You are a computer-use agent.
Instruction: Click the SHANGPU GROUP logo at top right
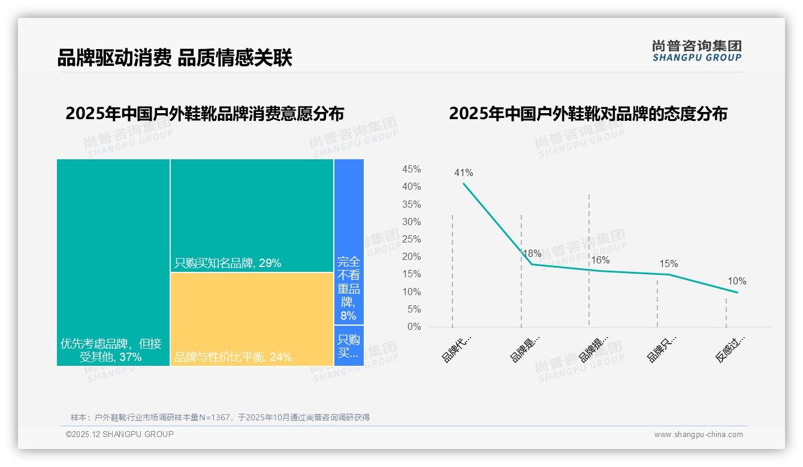tap(696, 51)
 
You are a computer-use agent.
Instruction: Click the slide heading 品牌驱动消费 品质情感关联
tap(174, 58)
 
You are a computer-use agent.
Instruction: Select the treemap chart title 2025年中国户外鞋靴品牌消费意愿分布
tap(205, 114)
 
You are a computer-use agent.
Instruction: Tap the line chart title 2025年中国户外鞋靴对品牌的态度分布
tap(588, 114)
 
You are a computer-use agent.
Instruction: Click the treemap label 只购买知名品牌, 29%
tap(228, 263)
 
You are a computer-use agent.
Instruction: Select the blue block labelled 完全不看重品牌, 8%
tap(349, 287)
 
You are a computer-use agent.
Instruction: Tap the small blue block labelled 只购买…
tap(349, 346)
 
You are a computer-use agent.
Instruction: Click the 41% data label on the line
tap(463, 173)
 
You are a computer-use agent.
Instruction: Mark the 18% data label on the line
tap(532, 253)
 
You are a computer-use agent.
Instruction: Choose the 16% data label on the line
tap(600, 260)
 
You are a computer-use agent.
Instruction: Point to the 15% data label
tap(668, 263)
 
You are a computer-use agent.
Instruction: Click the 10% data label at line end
tap(736, 281)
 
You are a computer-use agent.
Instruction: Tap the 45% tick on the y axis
tap(411, 169)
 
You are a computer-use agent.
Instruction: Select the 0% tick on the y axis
tap(414, 327)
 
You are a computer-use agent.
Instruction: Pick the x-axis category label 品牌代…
tap(457, 348)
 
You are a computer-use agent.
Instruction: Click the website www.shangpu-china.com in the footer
tap(698, 435)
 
